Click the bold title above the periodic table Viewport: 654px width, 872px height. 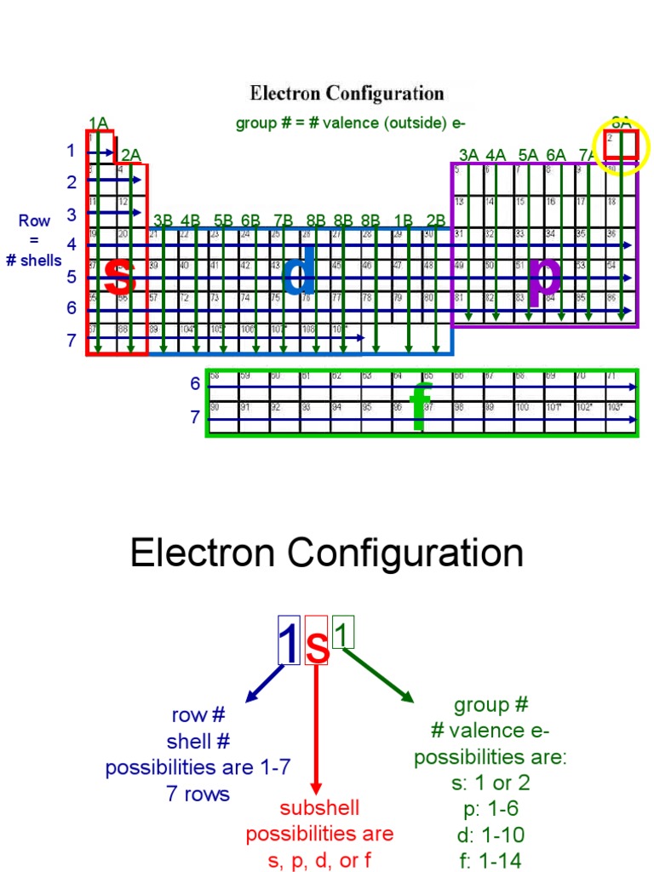[347, 93]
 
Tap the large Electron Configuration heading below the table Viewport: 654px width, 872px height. [327, 554]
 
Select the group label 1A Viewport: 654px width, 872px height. [98, 123]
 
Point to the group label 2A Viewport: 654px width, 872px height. [130, 155]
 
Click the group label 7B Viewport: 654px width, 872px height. [284, 220]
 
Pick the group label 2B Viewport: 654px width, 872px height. [436, 220]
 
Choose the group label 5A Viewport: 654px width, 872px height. [528, 155]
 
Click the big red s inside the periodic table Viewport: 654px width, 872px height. [119, 274]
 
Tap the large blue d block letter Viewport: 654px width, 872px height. [299, 274]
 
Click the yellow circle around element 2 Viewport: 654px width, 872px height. [621, 146]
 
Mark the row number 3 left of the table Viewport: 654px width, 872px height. [72, 215]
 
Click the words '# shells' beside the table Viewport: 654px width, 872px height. [34, 261]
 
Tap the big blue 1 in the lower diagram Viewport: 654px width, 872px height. [289, 645]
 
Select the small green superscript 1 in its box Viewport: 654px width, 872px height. [342, 634]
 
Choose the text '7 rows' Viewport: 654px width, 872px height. [198, 794]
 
